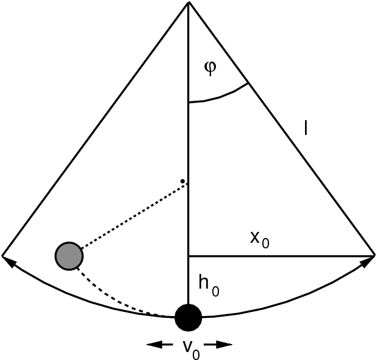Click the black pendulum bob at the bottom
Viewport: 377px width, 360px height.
click(x=188, y=317)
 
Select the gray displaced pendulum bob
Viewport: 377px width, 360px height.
click(x=70, y=256)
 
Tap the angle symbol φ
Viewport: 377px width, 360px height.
click(x=210, y=68)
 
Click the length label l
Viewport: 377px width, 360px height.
click(x=306, y=128)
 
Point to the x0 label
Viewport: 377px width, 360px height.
click(x=260, y=240)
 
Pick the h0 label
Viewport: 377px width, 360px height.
click(x=209, y=286)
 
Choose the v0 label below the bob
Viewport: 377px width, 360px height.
click(x=191, y=350)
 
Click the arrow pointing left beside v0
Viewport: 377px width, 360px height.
click(x=160, y=345)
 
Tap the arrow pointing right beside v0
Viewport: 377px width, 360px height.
click(x=218, y=345)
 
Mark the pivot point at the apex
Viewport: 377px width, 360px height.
click(x=188, y=2)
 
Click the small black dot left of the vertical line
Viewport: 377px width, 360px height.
click(x=182, y=181)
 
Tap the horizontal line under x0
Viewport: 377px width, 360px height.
click(x=281, y=256)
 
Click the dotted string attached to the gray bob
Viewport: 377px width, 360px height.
click(x=134, y=216)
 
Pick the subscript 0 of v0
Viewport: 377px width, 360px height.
click(x=196, y=355)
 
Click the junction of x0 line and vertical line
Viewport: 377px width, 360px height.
click(x=188, y=256)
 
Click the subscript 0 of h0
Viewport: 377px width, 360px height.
click(x=215, y=291)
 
